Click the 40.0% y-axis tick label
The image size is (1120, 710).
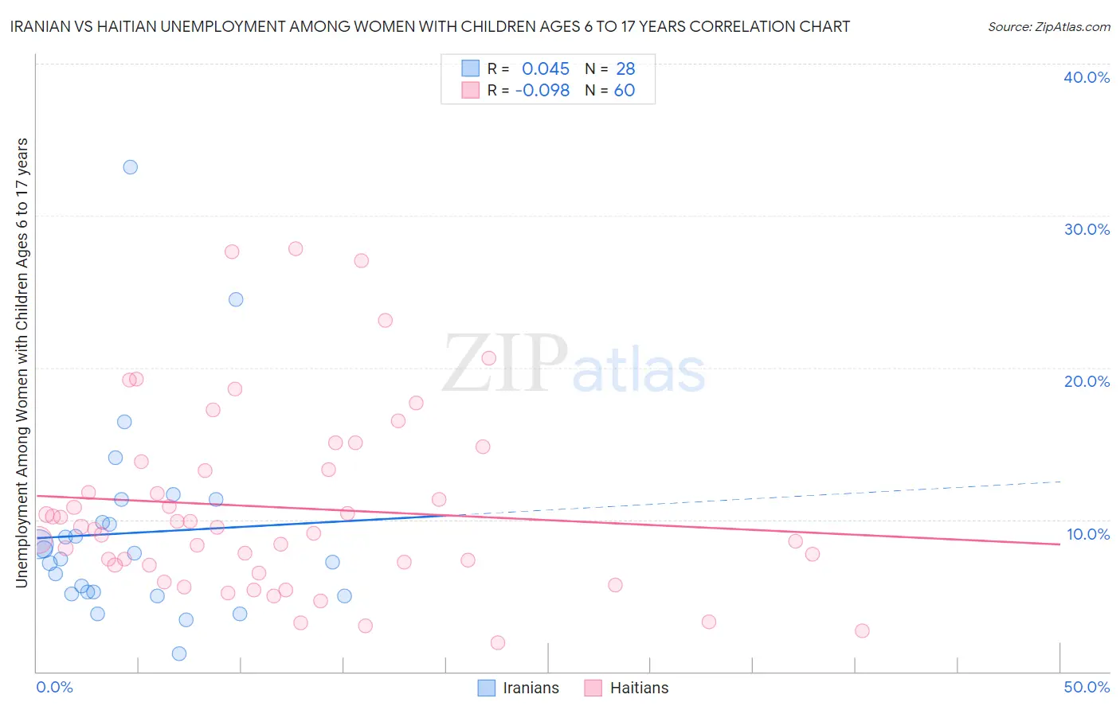tap(1086, 77)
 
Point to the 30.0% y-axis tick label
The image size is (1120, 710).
tap(1086, 229)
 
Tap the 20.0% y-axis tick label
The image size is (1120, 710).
tap(1086, 381)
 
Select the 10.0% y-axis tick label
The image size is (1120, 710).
tap(1087, 534)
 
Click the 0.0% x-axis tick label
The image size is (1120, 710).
tap(54, 687)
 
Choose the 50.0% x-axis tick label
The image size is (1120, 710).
tap(1086, 687)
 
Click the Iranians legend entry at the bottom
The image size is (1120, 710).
tap(519, 688)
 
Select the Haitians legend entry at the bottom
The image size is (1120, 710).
tap(626, 688)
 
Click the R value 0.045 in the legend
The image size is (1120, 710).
tap(546, 69)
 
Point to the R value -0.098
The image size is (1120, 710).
tap(542, 91)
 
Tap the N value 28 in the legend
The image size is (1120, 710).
tap(625, 69)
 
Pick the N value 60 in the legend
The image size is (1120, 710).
tap(625, 91)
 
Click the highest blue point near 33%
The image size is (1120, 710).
tap(130, 167)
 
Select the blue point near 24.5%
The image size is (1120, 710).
tap(236, 299)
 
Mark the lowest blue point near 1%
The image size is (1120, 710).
tap(179, 653)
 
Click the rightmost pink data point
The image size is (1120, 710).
tap(862, 630)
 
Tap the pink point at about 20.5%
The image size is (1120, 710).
tap(489, 358)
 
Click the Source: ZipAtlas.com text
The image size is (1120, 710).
tap(1048, 26)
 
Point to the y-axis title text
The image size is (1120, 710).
tap(22, 362)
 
